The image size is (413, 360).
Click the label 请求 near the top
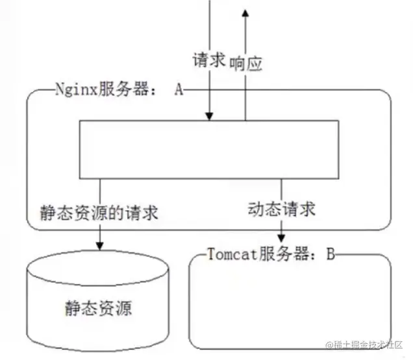coord(208,60)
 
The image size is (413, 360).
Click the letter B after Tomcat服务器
coord(330,253)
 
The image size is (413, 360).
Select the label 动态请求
coord(281,210)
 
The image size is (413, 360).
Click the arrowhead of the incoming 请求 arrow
coord(209,116)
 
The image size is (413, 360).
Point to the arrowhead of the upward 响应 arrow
coord(246,14)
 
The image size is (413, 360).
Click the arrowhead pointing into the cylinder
coord(99,246)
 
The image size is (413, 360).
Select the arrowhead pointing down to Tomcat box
coord(282,239)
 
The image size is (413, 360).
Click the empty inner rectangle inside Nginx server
coord(208,149)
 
